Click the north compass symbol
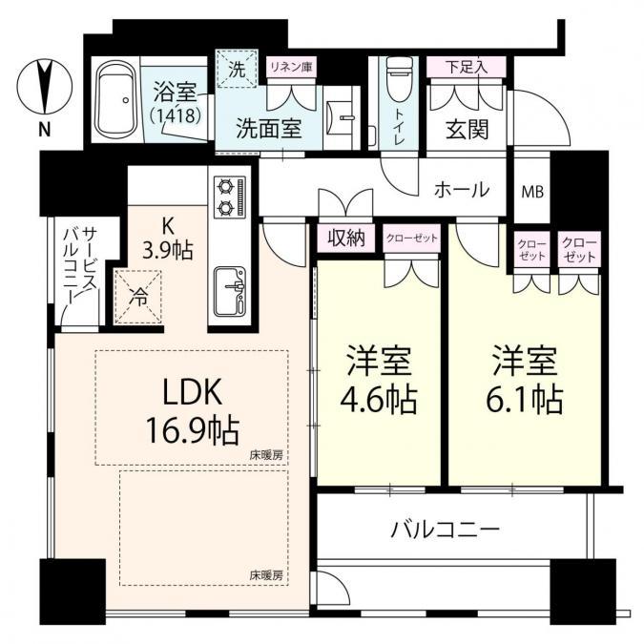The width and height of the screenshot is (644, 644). [45, 87]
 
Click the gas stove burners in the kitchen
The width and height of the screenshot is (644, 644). [230, 197]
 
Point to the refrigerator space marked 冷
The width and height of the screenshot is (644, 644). [138, 297]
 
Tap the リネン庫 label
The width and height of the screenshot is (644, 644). [292, 67]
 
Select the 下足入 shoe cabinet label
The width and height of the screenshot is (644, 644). [467, 67]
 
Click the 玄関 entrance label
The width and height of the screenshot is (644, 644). [467, 130]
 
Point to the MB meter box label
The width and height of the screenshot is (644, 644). [532, 192]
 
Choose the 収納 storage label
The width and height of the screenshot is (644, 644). [346, 238]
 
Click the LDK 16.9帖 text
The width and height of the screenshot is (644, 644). [192, 412]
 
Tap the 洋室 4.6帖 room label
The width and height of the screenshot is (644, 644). [378, 379]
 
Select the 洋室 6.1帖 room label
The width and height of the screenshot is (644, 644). [525, 379]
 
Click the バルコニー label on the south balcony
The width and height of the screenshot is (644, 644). [445, 530]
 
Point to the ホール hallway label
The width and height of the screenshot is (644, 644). [462, 190]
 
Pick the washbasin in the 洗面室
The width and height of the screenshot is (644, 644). [342, 118]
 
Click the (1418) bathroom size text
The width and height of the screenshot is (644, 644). [176, 115]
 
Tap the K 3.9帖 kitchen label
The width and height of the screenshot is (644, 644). [167, 238]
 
